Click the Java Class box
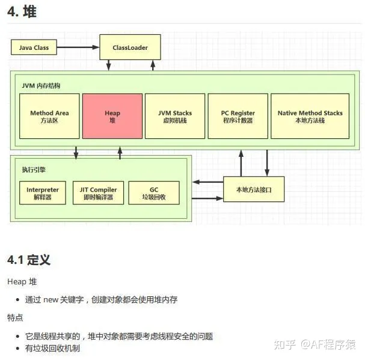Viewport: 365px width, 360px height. [x=34, y=47]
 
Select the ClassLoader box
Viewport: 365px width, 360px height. [x=130, y=47]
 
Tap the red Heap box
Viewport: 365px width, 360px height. [x=112, y=117]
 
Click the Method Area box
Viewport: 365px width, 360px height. [x=49, y=117]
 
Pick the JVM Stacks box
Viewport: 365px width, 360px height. [x=175, y=117]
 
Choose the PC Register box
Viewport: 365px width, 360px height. [x=238, y=117]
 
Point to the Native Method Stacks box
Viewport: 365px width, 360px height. [x=310, y=117]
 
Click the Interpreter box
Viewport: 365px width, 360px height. [x=43, y=193]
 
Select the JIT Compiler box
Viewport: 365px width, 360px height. [x=98, y=193]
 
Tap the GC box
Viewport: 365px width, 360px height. [x=153, y=193]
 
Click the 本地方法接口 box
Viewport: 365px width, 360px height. [x=254, y=189]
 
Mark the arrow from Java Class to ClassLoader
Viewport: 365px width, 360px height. [x=78, y=47]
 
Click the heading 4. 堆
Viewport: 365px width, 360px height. [x=22, y=12]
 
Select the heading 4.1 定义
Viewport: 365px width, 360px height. [x=28, y=260]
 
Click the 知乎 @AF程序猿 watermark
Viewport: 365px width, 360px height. [x=314, y=344]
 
